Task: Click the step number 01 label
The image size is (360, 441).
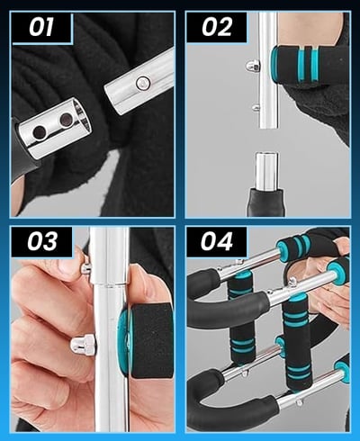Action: tap(41, 27)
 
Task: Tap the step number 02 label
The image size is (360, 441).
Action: tap(217, 27)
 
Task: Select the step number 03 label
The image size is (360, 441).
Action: tap(42, 241)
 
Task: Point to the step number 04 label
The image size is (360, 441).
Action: tap(217, 241)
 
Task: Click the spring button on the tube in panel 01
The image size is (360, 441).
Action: tap(142, 83)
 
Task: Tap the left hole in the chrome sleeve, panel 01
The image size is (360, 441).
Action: tap(39, 131)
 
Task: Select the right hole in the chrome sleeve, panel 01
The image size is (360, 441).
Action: tap(65, 120)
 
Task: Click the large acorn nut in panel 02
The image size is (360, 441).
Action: tap(253, 66)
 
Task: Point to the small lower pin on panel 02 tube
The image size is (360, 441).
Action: tap(256, 107)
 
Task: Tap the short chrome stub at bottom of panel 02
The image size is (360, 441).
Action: tap(266, 171)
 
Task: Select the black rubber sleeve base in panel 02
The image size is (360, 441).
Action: tap(265, 202)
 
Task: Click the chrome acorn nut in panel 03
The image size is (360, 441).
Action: tap(83, 344)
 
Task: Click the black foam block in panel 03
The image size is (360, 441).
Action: tap(151, 340)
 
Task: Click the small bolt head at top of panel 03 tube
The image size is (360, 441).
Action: tap(85, 268)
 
